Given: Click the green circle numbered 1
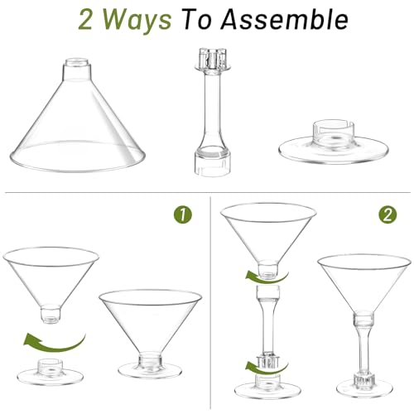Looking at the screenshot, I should coord(185,215).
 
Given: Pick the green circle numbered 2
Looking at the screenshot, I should coord(386,215).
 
